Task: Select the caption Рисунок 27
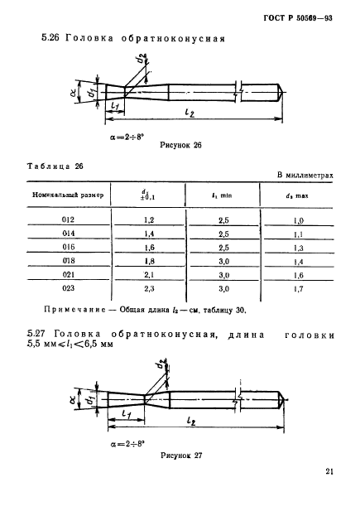point(180,455)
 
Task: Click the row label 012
point(68,219)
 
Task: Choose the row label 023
point(68,290)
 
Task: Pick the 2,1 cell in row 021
point(151,276)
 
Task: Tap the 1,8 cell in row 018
point(151,262)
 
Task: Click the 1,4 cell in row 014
point(151,234)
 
